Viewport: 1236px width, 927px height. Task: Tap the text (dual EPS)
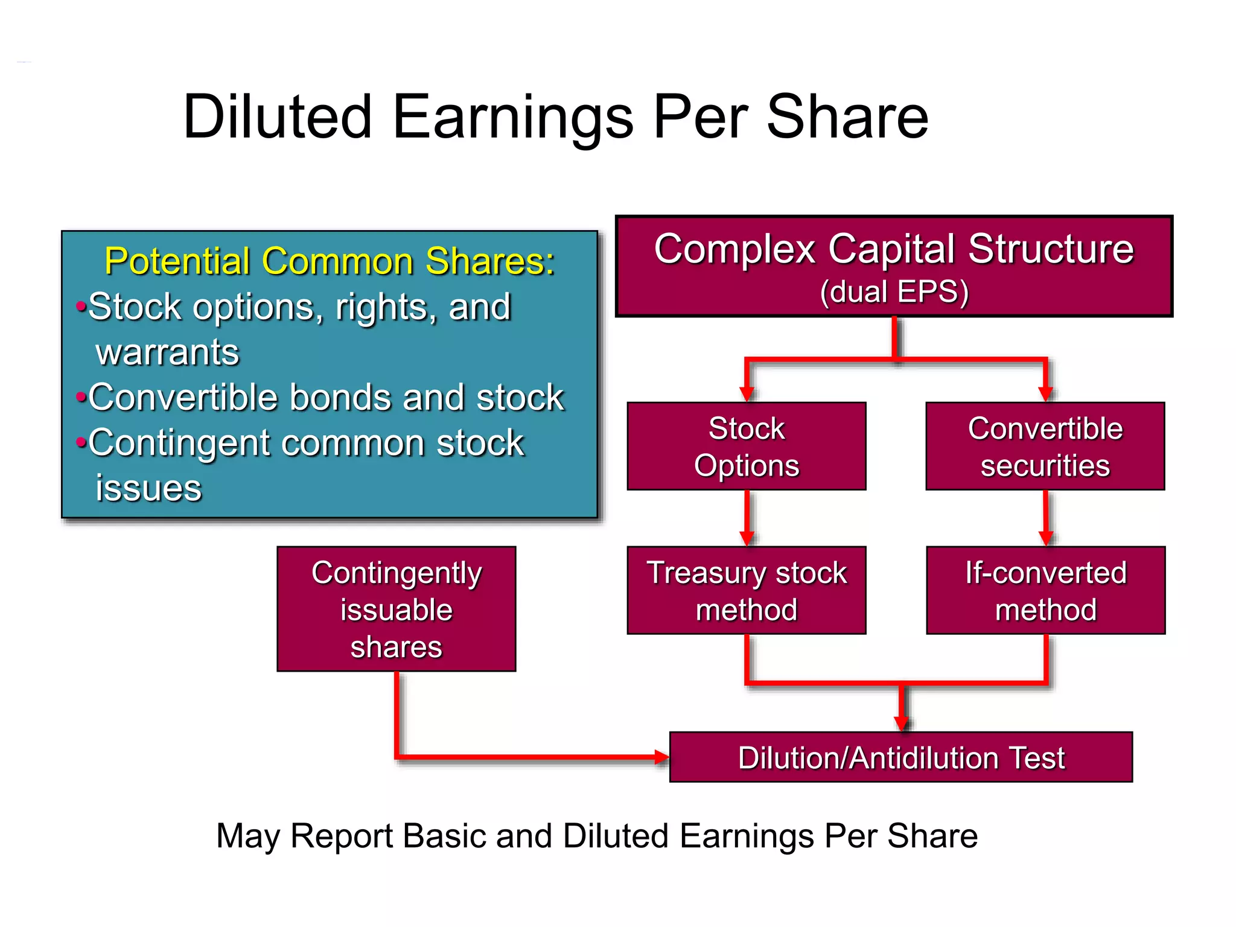(894, 291)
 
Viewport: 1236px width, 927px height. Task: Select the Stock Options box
(747, 447)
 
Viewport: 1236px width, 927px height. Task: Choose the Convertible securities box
(1045, 447)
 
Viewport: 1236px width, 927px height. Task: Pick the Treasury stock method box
(747, 590)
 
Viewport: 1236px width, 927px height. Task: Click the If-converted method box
(1045, 590)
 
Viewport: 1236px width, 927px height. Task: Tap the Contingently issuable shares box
(397, 609)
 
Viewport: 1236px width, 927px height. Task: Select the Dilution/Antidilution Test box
(901, 757)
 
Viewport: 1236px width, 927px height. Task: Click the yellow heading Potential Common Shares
(329, 261)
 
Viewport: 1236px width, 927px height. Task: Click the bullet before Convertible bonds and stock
(80, 398)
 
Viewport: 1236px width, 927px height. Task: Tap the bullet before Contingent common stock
(80, 443)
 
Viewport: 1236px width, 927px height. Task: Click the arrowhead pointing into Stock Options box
(747, 394)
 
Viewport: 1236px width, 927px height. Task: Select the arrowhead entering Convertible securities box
(1045, 394)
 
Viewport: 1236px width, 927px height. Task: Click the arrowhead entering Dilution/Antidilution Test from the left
(661, 757)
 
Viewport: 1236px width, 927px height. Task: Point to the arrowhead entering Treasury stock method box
(747, 538)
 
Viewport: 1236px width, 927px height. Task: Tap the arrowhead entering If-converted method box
(1045, 538)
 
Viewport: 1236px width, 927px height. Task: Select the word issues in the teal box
(148, 488)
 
